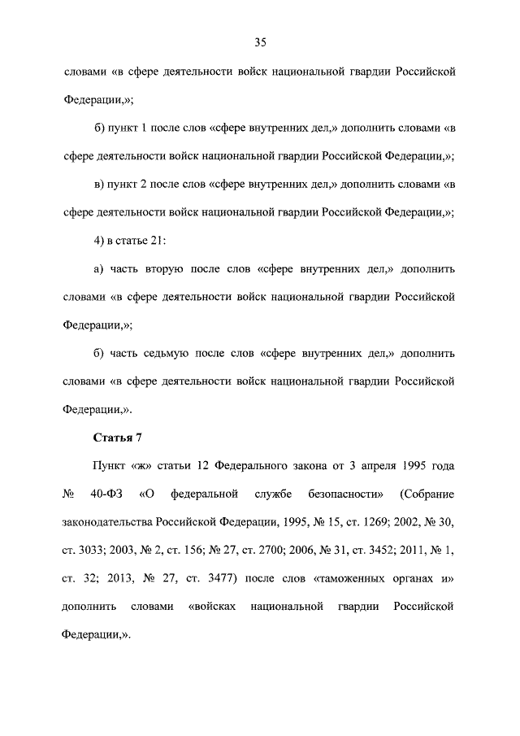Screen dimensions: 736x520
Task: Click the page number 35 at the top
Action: pos(260,42)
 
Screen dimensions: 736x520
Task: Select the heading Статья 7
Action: pos(118,439)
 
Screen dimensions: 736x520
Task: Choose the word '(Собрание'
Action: pos(427,494)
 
